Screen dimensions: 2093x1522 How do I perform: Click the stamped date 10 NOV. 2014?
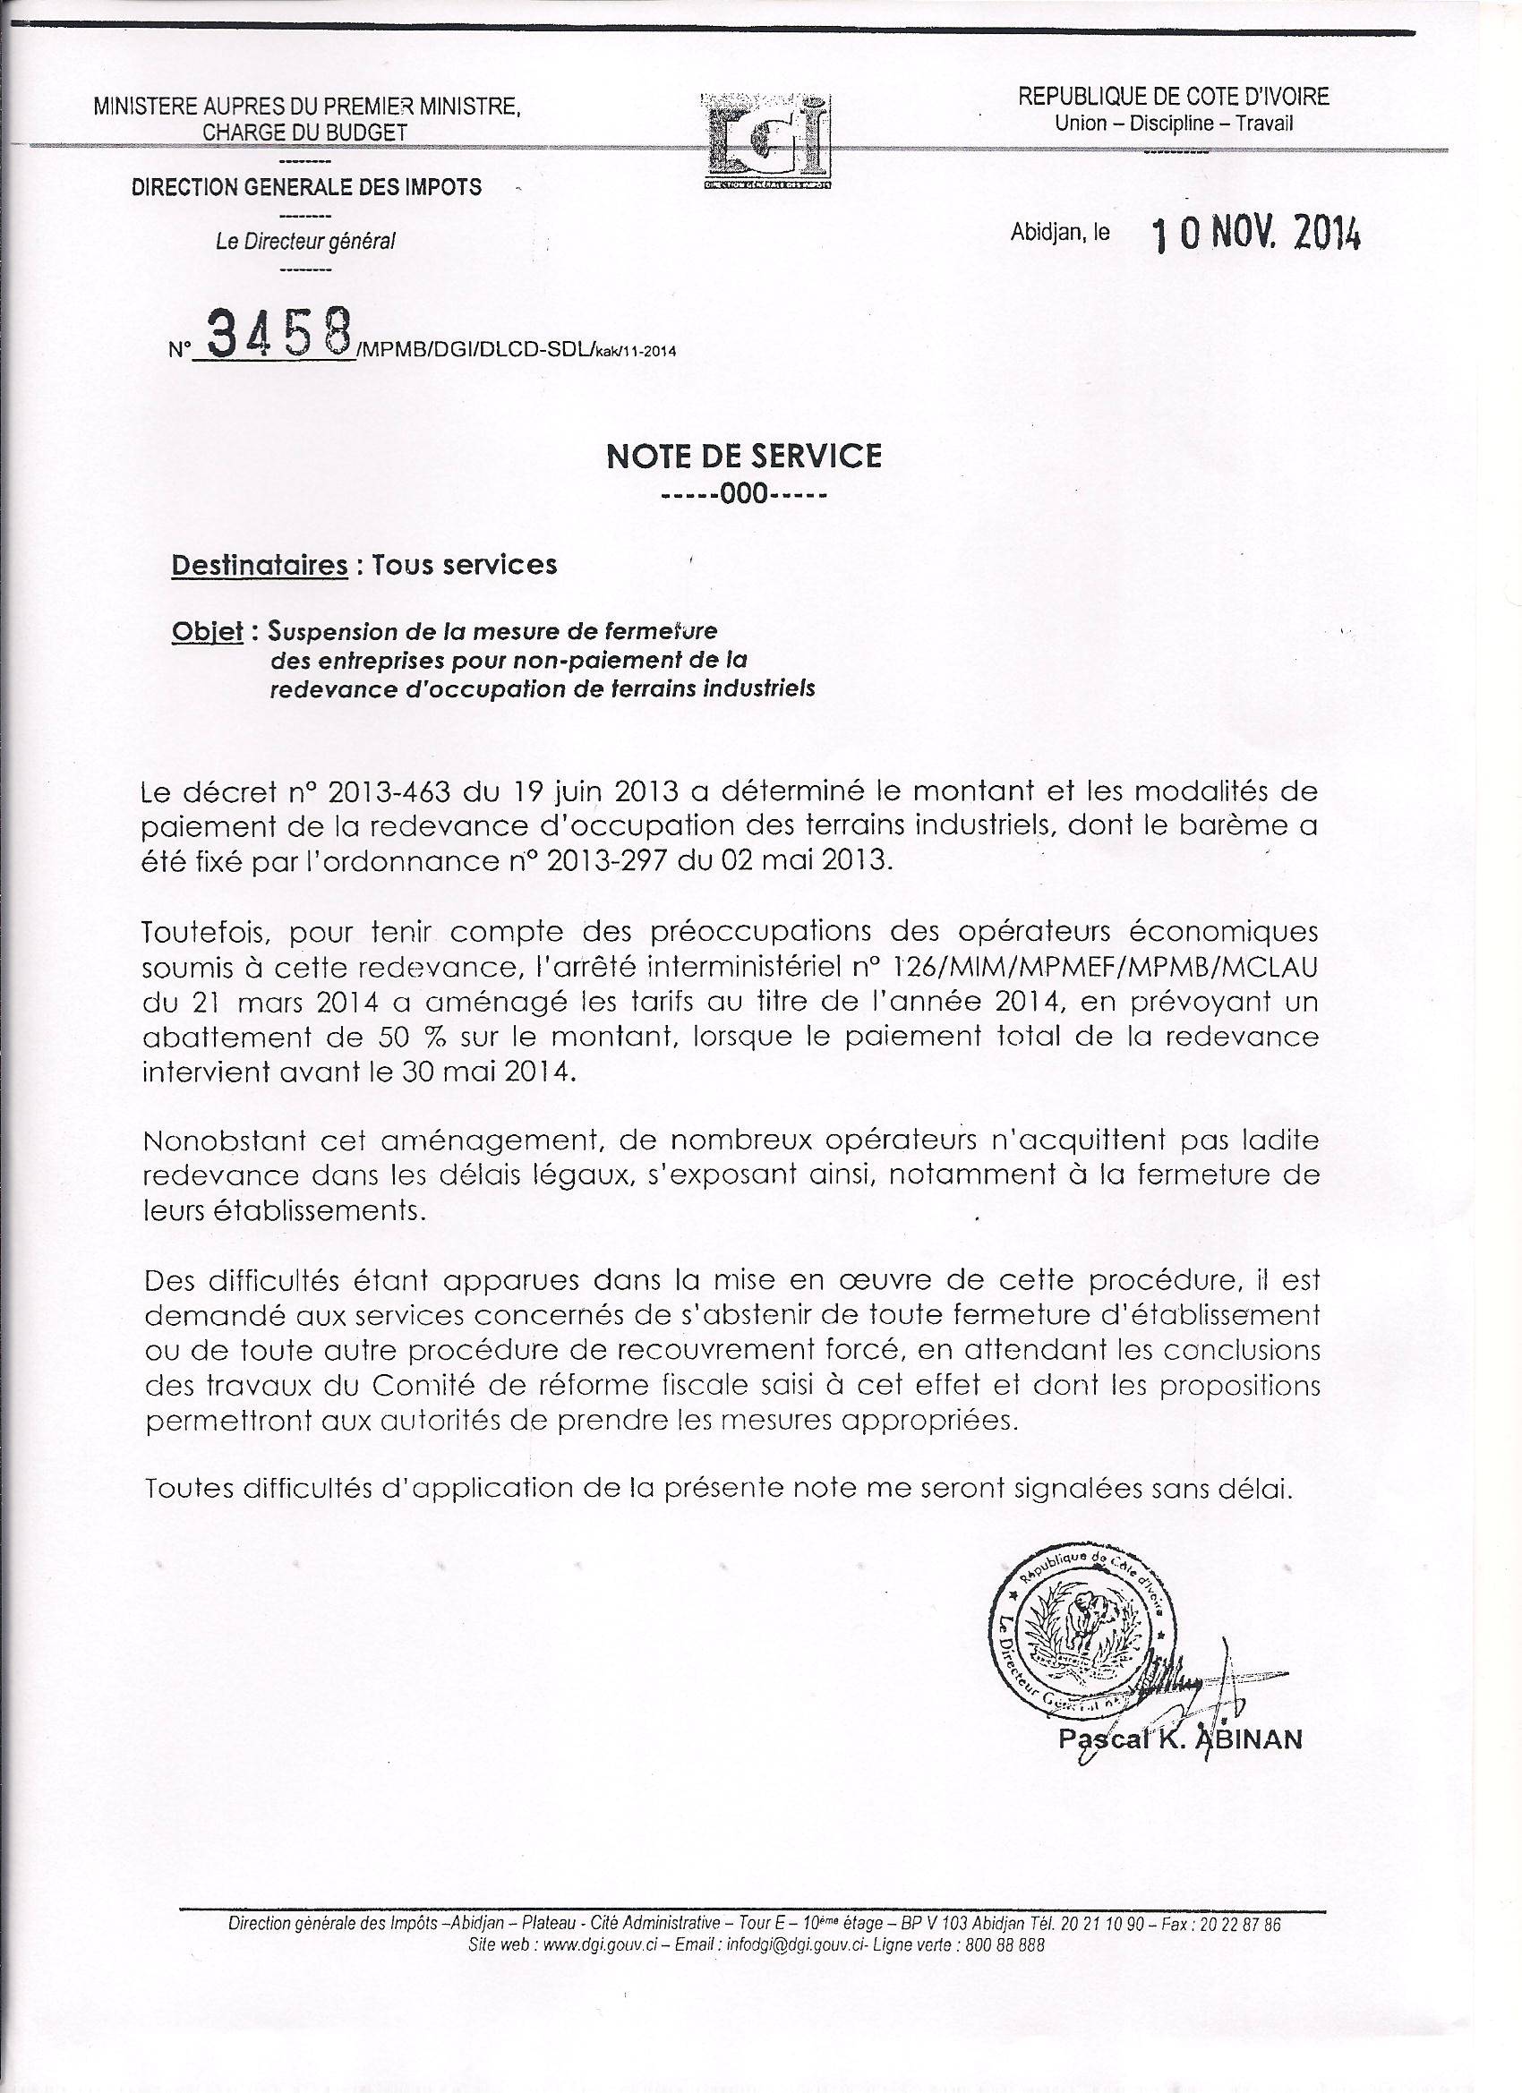(x=1255, y=236)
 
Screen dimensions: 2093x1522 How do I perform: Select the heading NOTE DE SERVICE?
(x=744, y=456)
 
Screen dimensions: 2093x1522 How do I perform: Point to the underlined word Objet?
(x=208, y=632)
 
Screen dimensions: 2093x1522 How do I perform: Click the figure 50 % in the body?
(x=389, y=1037)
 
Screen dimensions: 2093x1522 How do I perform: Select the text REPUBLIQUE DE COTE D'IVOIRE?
(x=1173, y=96)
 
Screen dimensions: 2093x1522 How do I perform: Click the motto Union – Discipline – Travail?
(x=1174, y=123)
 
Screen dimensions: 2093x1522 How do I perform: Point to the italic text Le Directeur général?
(x=304, y=243)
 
